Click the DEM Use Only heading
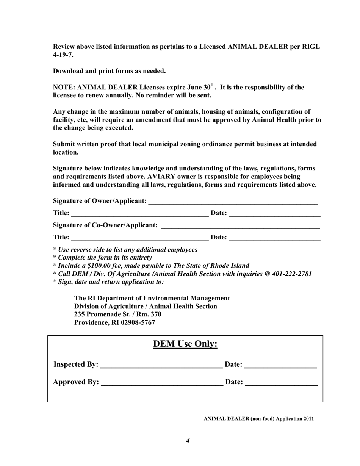(185, 344)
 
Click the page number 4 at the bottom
(188, 440)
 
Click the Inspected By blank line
(161, 365)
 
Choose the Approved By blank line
(162, 383)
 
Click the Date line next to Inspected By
(280, 365)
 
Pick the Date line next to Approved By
(281, 383)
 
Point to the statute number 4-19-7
(63, 55)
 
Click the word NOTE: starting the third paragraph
(64, 88)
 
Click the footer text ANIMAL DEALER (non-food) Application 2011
(258, 419)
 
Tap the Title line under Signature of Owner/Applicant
(139, 214)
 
